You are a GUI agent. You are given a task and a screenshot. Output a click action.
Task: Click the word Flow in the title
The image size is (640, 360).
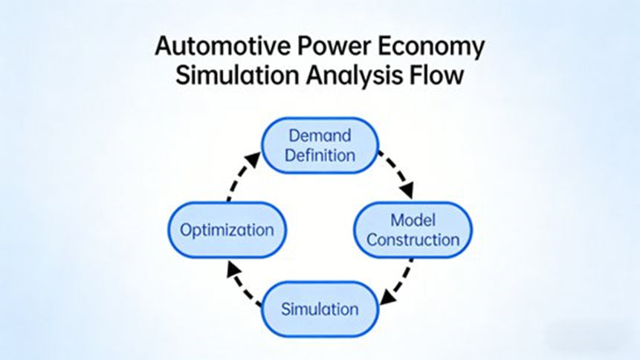pos(439,75)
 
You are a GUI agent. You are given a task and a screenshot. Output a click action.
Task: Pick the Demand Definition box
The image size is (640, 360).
pos(320,146)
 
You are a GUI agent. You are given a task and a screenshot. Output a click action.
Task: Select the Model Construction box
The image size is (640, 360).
pos(413,229)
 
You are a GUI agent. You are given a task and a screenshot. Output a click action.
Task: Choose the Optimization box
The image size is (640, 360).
pos(227,229)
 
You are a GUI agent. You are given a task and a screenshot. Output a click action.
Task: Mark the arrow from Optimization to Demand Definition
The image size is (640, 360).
pos(241,176)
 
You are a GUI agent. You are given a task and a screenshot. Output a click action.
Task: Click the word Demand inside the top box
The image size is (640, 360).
pos(320,136)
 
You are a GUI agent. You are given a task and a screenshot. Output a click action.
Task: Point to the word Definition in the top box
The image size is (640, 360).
pos(320,155)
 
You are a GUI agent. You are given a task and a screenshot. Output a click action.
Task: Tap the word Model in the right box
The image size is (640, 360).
pos(413,219)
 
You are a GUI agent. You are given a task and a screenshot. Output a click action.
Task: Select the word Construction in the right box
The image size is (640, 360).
pos(413,240)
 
